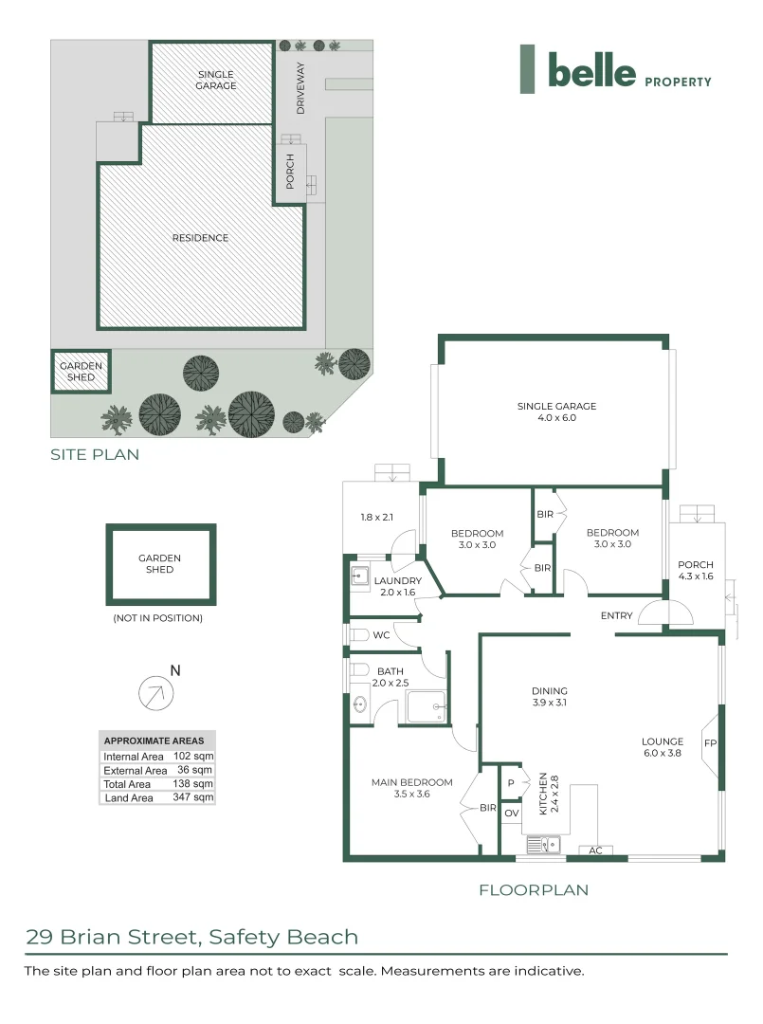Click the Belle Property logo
[x=615, y=71]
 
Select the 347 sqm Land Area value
[x=195, y=798]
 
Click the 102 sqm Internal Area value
[x=195, y=756]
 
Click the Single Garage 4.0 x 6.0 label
[x=556, y=411]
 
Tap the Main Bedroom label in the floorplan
[x=411, y=788]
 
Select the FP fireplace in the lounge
[x=709, y=743]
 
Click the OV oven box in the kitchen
[x=511, y=814]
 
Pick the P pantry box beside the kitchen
[x=511, y=783]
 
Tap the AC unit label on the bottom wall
[x=595, y=850]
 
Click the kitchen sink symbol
[x=543, y=842]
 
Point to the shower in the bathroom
[x=427, y=705]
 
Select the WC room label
[x=381, y=633]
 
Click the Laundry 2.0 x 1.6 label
[x=397, y=586]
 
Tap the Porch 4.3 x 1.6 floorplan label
[x=695, y=570]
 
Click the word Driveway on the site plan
[x=300, y=88]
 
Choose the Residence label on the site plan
[x=200, y=238]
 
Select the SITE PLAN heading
[x=95, y=454]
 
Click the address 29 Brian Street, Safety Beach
[x=192, y=938]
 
